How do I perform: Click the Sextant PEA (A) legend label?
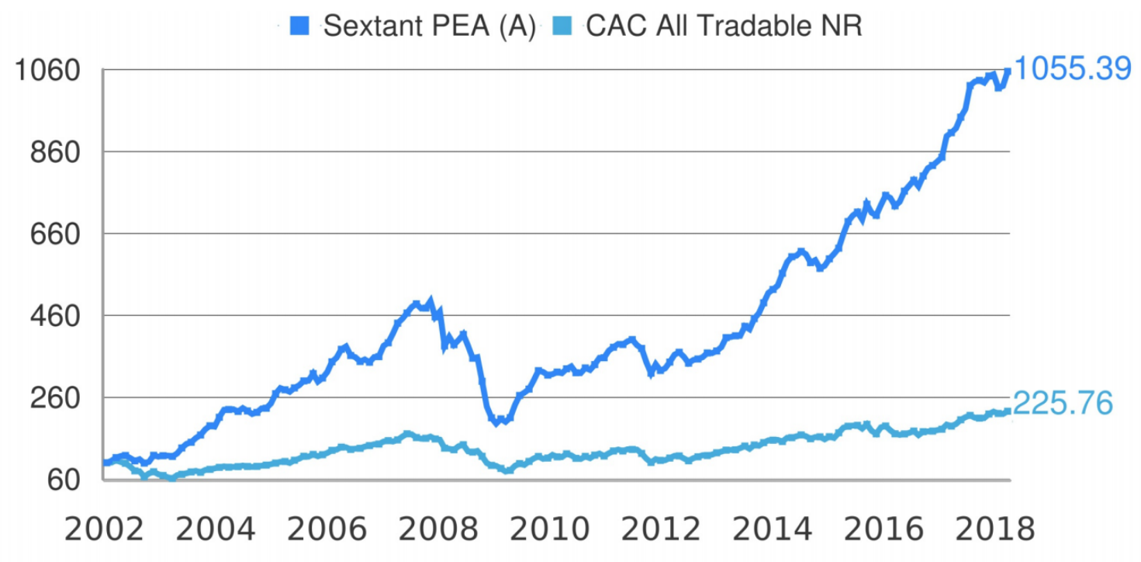click(x=430, y=26)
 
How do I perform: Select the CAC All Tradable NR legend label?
click(x=724, y=26)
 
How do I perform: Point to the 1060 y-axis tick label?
click(x=48, y=71)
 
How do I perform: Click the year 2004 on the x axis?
click(x=216, y=529)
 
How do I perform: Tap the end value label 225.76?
click(x=1063, y=404)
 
